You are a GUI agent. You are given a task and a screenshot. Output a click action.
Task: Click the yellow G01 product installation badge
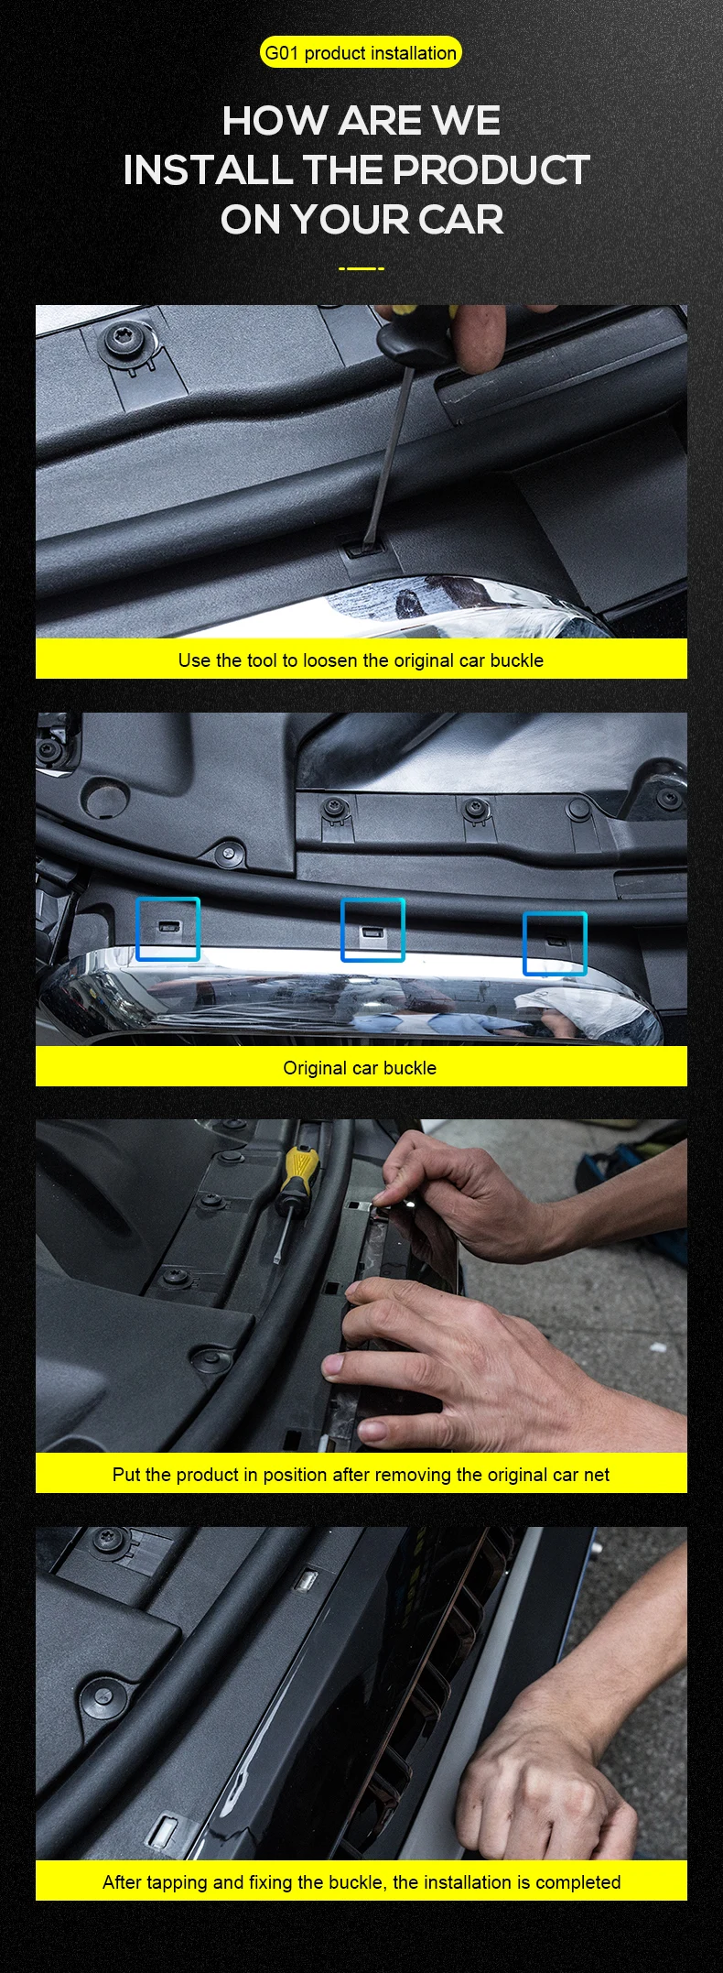point(361,53)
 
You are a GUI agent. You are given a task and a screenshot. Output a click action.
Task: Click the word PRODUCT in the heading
point(491,170)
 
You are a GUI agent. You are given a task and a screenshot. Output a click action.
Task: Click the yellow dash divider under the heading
point(361,268)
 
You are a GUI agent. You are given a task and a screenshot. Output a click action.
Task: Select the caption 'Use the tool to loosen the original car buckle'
point(361,660)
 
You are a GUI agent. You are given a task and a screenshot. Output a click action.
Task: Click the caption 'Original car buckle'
point(360,1068)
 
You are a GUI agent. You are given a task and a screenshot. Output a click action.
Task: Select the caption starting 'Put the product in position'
point(361,1475)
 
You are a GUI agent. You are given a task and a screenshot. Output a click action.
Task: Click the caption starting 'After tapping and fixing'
point(361,1882)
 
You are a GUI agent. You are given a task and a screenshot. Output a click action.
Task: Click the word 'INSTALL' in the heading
point(208,170)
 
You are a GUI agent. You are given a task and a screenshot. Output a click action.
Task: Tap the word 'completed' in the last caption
point(577,1883)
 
